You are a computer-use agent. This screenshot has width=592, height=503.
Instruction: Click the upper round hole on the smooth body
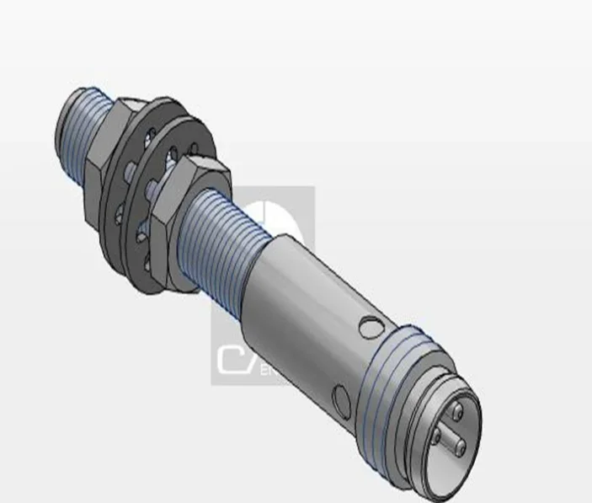368,324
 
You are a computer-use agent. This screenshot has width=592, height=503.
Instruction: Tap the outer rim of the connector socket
472,396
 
